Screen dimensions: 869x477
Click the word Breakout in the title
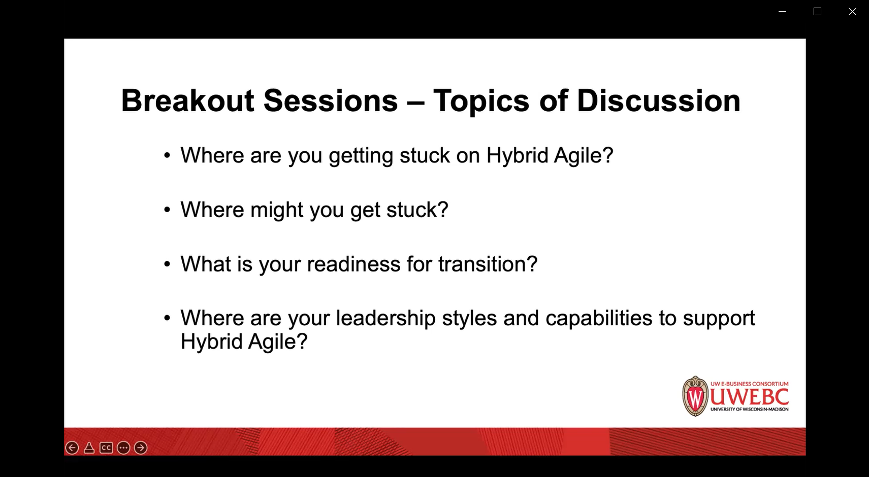pos(187,101)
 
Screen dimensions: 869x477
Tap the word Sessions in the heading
pos(331,101)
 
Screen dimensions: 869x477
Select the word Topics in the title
pos(481,102)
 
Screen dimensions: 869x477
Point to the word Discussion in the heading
pos(658,101)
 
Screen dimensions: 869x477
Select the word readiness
pos(353,264)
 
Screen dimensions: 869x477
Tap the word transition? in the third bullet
pos(488,264)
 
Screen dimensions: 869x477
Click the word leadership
pos(385,319)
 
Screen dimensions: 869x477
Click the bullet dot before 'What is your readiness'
pos(167,264)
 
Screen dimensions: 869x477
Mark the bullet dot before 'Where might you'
pos(167,210)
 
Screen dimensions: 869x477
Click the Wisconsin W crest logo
pos(695,396)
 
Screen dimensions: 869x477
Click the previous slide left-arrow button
pos(72,448)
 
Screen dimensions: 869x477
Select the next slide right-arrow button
pos(141,448)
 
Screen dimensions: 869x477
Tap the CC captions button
pos(106,448)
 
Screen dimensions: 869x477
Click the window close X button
pos(852,12)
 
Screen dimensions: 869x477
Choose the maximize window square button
pos(817,12)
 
